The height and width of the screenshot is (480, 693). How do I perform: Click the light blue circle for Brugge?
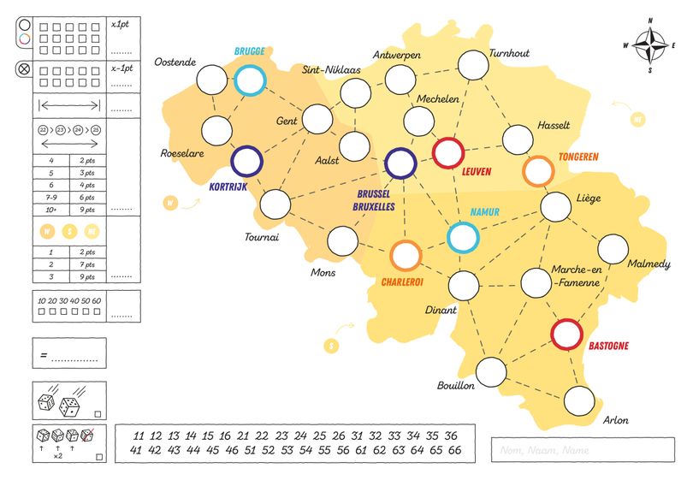[x=251, y=80]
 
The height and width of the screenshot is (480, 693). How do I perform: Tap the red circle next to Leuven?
[x=448, y=153]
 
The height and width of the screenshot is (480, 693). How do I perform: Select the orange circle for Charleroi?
[x=406, y=256]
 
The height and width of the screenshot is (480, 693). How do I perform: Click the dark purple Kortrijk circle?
[x=247, y=160]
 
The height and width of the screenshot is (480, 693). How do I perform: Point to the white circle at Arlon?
[x=579, y=400]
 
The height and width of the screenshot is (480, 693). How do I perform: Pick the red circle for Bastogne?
[x=566, y=335]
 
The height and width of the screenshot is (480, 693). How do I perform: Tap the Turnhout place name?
[x=509, y=53]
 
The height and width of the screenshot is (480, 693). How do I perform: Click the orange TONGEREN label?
[x=583, y=157]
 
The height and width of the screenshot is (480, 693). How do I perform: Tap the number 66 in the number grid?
[x=454, y=450]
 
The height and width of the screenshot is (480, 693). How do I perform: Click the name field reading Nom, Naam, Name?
[x=582, y=450]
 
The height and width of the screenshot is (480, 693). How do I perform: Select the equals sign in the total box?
[x=43, y=353]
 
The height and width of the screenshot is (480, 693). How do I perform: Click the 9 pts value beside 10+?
[x=88, y=208]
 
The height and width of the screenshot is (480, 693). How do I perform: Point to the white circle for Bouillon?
[x=491, y=371]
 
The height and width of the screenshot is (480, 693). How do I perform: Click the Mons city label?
[x=323, y=273]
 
